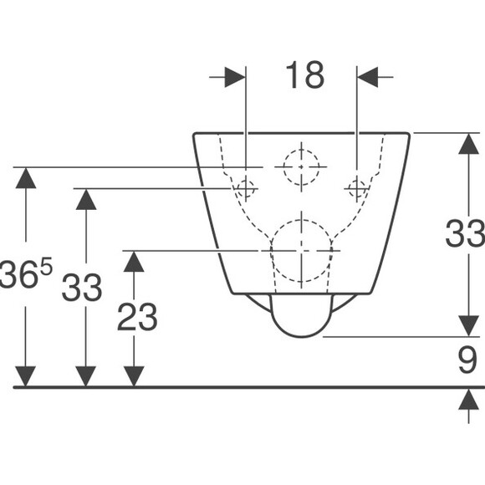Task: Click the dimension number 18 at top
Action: (x=304, y=75)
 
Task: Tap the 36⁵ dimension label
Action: (x=26, y=273)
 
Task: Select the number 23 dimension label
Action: (x=137, y=316)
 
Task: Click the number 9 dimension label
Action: (x=467, y=360)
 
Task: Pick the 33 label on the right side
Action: (x=465, y=233)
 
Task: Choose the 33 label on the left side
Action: (x=82, y=288)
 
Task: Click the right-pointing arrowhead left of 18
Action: (x=235, y=77)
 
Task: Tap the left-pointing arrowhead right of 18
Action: (x=367, y=77)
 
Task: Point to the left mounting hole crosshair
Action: (x=246, y=188)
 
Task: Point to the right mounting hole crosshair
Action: (x=357, y=188)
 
